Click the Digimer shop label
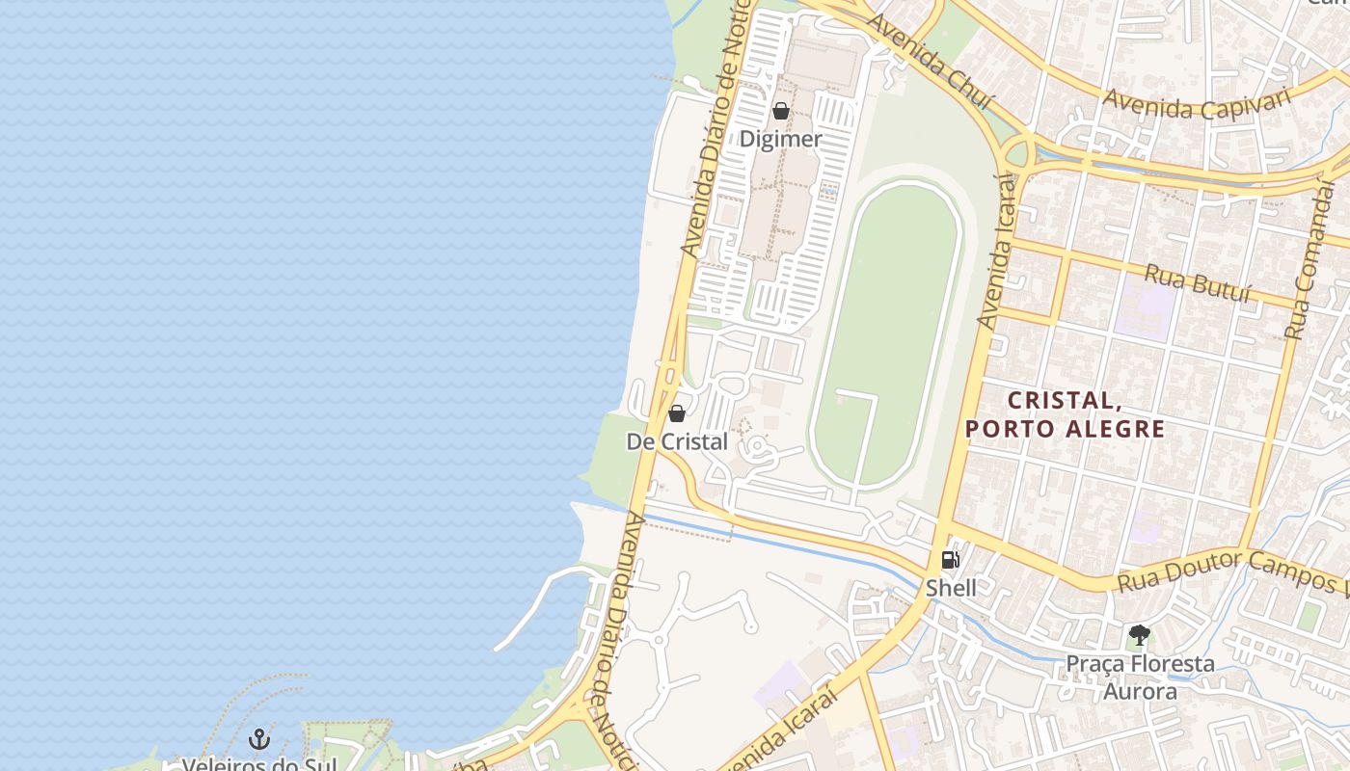[780, 139]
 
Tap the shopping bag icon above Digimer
[781, 112]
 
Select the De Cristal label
[677, 441]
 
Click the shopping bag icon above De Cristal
[677, 414]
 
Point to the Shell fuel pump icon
[950, 560]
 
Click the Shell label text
[951, 588]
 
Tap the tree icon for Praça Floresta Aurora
[1140, 635]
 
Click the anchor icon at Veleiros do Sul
[258, 739]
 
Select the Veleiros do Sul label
[259, 764]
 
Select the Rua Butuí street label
[1199, 283]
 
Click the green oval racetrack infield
[887, 318]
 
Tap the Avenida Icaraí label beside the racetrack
[999, 251]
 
